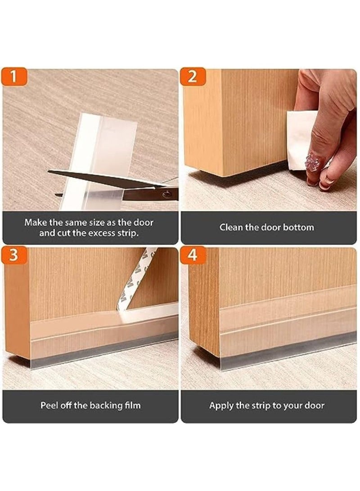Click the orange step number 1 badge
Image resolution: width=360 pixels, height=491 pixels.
(14, 76)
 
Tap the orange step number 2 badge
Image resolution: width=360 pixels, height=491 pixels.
(193, 76)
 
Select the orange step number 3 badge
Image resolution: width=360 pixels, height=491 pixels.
(14, 255)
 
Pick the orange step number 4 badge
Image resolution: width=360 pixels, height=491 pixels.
(193, 255)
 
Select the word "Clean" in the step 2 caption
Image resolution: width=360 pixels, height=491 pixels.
(231, 227)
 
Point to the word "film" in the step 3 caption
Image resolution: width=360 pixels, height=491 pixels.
(133, 406)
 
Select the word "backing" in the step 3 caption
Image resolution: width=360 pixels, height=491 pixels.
(106, 406)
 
